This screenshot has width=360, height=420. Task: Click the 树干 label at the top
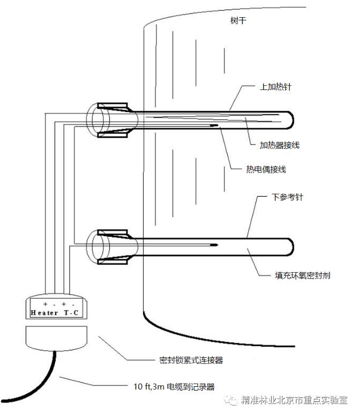(238, 20)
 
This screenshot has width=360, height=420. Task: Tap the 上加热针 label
(275, 87)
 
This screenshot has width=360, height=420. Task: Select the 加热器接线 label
(280, 145)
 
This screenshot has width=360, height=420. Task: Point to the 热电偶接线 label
(266, 169)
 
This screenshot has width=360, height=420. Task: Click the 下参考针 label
(287, 197)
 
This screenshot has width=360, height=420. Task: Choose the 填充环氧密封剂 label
(302, 275)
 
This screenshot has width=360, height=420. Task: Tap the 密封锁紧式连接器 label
(191, 360)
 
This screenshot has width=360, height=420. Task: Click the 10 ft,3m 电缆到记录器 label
(174, 387)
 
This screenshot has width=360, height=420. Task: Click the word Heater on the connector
(44, 313)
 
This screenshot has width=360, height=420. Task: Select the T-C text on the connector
(71, 313)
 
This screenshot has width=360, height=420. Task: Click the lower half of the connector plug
(56, 338)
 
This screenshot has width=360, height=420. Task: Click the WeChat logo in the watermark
(231, 400)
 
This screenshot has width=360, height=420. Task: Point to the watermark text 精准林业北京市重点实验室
(294, 400)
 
